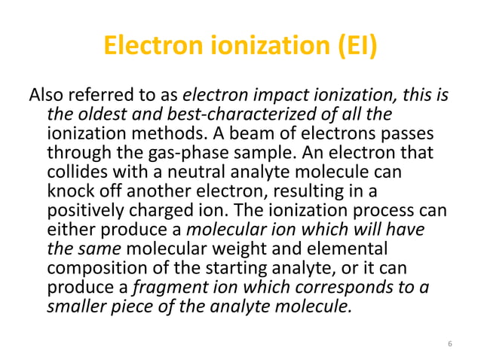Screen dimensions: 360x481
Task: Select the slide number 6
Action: [449, 343]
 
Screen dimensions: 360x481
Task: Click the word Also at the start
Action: [46, 96]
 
